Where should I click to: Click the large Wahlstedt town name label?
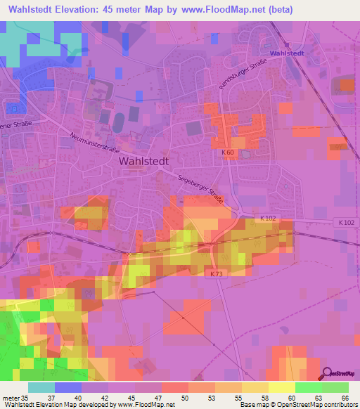(x=148, y=161)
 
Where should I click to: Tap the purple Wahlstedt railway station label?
(x=285, y=53)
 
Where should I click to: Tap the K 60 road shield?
(x=227, y=152)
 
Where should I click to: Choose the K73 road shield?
(x=214, y=274)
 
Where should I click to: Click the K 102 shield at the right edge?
(x=344, y=222)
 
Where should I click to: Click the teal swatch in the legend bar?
(x=41, y=387)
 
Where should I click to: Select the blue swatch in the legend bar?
(x=68, y=387)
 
